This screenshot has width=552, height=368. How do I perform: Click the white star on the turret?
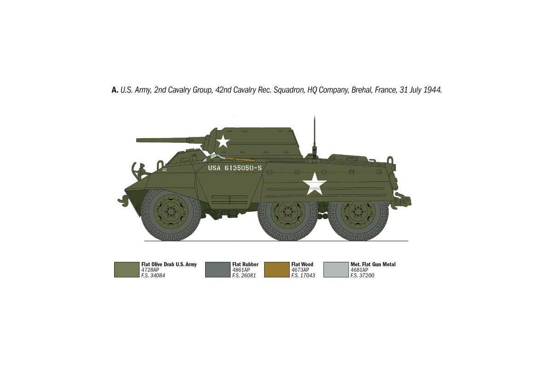coord(223,141)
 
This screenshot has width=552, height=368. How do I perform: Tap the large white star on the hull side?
coord(315,184)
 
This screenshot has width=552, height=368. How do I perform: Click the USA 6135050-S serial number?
coord(235,168)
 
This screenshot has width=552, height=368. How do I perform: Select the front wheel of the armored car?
coord(171,215)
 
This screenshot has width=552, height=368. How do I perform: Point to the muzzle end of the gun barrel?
coord(137,140)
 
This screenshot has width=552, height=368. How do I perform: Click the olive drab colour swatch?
coord(126,270)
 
